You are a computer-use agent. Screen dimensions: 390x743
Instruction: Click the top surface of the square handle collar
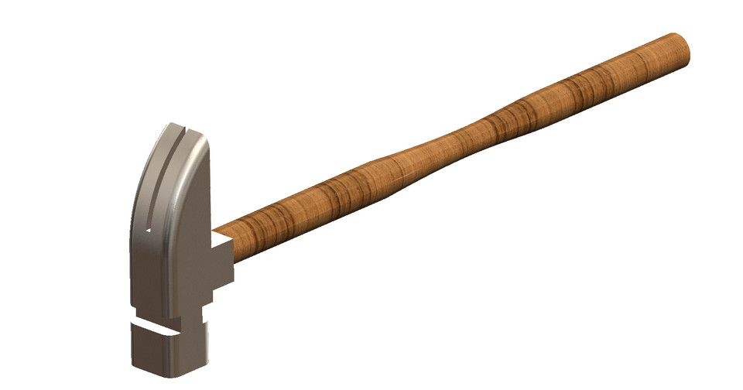pyautogui.click(x=223, y=241)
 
